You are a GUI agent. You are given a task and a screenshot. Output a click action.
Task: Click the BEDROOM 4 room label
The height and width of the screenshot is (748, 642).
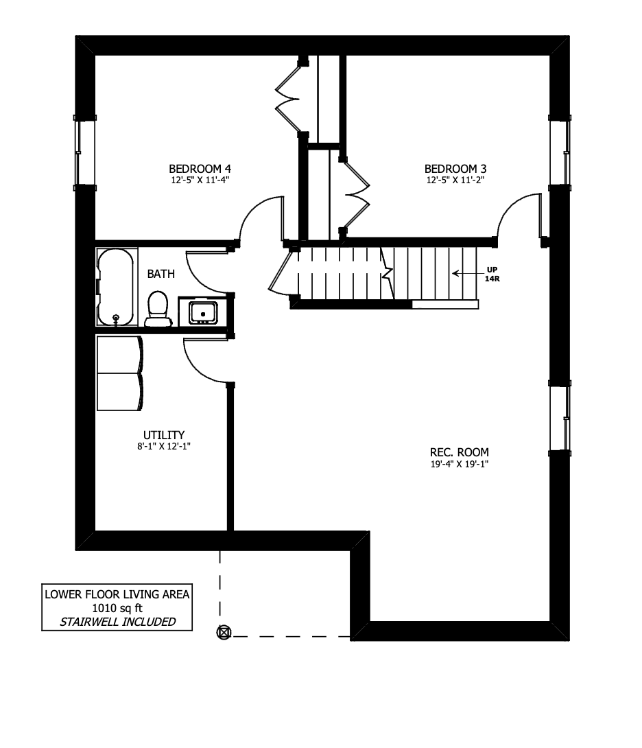pos(200,169)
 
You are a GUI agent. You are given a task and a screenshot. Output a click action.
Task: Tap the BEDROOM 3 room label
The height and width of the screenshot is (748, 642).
pos(455,169)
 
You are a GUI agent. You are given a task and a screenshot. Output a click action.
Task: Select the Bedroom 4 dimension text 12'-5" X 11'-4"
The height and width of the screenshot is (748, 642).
pos(200,180)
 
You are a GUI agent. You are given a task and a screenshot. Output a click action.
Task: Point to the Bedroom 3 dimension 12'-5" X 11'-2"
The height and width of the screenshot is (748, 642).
pos(455,180)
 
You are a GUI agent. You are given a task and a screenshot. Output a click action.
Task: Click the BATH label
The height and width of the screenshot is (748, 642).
pos(160,274)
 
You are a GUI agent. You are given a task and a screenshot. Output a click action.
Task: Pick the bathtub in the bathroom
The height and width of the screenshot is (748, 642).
pos(115,287)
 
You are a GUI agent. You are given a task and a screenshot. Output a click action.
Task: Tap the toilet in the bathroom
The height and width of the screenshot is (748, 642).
pos(158,309)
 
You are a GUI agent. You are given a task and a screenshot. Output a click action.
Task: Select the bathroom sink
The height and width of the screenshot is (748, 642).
pos(203,312)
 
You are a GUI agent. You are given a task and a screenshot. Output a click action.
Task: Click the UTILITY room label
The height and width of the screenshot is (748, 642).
pos(164,435)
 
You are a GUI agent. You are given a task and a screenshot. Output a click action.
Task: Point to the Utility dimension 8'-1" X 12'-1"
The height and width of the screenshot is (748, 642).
pos(164,447)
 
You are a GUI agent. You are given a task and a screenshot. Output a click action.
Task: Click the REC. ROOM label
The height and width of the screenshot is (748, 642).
pos(460,452)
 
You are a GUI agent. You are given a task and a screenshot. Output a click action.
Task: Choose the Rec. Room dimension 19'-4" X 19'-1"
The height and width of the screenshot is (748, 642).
pos(460,464)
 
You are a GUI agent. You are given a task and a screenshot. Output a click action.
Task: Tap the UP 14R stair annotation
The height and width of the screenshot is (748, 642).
pos(492,274)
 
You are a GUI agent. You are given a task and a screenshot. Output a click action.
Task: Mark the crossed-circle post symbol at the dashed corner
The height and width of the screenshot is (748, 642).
pos(224,633)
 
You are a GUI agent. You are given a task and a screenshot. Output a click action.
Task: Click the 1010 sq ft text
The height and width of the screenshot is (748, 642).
pos(117,608)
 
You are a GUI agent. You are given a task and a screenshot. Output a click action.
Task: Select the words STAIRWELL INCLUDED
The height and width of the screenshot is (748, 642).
pos(118,622)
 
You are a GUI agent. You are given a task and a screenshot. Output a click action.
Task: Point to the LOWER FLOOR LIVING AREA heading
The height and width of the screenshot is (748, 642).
pos(117,594)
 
